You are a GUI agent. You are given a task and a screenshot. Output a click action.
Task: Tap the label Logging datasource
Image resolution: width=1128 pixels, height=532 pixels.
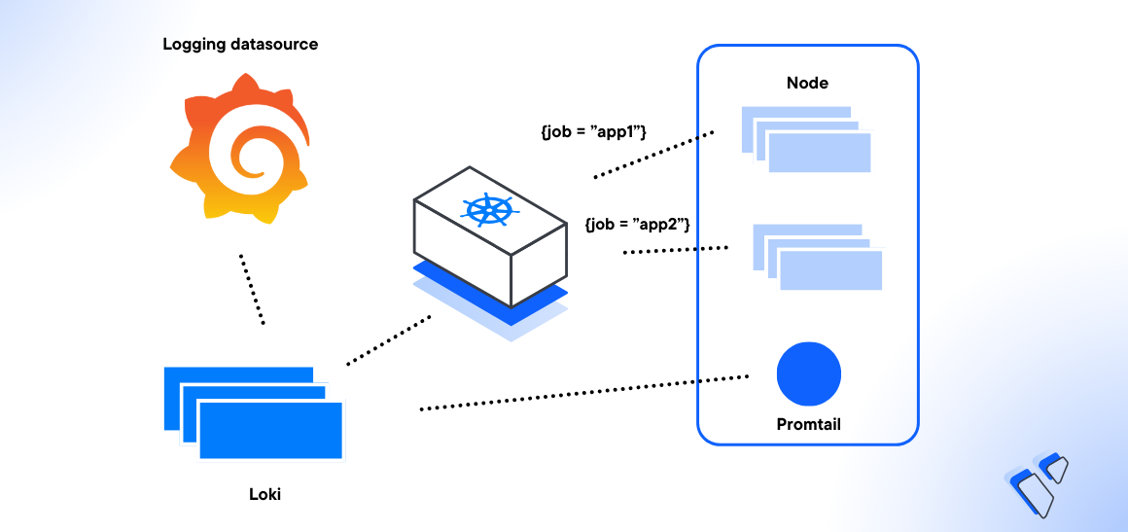[240, 45]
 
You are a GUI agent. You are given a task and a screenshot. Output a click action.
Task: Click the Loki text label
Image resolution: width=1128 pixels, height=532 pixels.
[264, 494]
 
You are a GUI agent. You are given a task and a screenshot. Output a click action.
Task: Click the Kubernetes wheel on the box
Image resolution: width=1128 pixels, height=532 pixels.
[489, 211]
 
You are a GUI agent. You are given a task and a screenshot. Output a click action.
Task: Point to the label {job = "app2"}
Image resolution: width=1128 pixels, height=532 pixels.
[637, 224]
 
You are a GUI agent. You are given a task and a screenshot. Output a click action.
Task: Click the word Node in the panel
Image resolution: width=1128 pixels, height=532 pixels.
[807, 83]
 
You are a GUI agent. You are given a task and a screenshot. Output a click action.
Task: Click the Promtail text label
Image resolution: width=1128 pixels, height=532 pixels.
[808, 424]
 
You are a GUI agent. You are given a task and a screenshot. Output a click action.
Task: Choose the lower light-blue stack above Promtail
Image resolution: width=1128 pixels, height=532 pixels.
[817, 257]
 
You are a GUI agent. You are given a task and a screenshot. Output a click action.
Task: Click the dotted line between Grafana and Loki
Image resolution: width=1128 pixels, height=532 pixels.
[252, 290]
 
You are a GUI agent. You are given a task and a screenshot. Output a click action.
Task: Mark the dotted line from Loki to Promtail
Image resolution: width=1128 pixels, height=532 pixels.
[583, 392]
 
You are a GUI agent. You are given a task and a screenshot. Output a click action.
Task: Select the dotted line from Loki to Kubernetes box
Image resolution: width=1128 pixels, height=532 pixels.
[388, 340]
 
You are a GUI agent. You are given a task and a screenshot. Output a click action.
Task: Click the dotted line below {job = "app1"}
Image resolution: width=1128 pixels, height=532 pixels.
[653, 154]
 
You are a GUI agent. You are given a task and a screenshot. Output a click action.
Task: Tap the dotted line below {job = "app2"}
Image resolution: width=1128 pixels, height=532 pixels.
[675, 251]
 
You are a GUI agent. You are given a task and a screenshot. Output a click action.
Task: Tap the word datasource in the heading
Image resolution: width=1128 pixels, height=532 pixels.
[274, 45]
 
